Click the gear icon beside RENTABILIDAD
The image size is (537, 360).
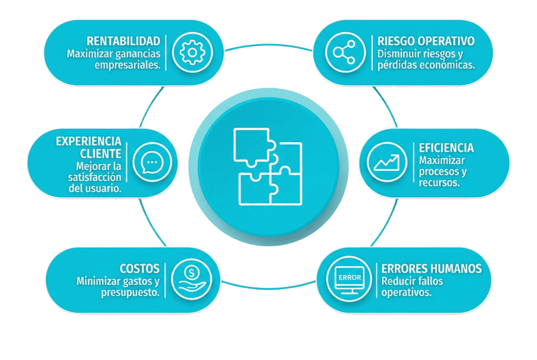[192, 52]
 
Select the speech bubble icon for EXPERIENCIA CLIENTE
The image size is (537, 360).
[152, 162]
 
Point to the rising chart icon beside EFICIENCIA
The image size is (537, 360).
[387, 162]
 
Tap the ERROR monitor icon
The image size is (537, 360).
[349, 280]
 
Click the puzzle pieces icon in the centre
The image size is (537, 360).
[268, 167]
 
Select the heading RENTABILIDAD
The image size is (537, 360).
[124, 41]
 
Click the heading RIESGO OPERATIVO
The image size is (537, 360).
[426, 41]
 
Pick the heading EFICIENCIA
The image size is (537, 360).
[446, 148]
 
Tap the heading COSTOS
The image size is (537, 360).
[140, 268]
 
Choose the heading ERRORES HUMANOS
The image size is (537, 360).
[431, 268]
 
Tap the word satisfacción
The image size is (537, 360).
[95, 177]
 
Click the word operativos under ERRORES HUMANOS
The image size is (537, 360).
[406, 293]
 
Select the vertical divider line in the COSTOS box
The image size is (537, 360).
[165, 280]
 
